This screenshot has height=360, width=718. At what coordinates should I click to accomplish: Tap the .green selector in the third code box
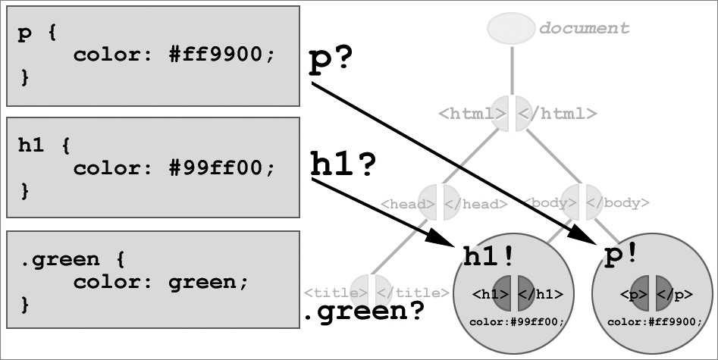point(60,260)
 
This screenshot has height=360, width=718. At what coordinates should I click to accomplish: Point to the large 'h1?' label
point(343,164)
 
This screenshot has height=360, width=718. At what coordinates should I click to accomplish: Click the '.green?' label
point(364,312)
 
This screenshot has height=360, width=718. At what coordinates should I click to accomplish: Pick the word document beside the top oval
point(585,28)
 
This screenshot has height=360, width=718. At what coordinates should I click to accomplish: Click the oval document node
point(511,28)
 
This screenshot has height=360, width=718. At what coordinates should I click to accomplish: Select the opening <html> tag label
point(472,113)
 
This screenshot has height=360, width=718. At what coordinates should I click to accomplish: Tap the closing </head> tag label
point(476,204)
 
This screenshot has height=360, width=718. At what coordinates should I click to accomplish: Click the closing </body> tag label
point(618,202)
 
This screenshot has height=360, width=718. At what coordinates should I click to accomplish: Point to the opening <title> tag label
point(336,293)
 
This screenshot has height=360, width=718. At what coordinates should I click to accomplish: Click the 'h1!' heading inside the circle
point(488,256)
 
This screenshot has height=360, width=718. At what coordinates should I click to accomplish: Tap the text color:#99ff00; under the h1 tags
point(517,322)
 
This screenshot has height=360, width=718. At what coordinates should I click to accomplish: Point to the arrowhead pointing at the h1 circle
point(442,237)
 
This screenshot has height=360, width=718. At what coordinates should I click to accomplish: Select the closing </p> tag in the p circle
point(675,295)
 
